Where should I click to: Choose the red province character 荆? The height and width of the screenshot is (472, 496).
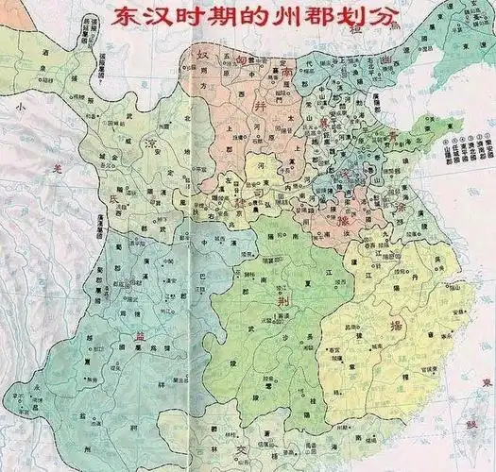point(281,299)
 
